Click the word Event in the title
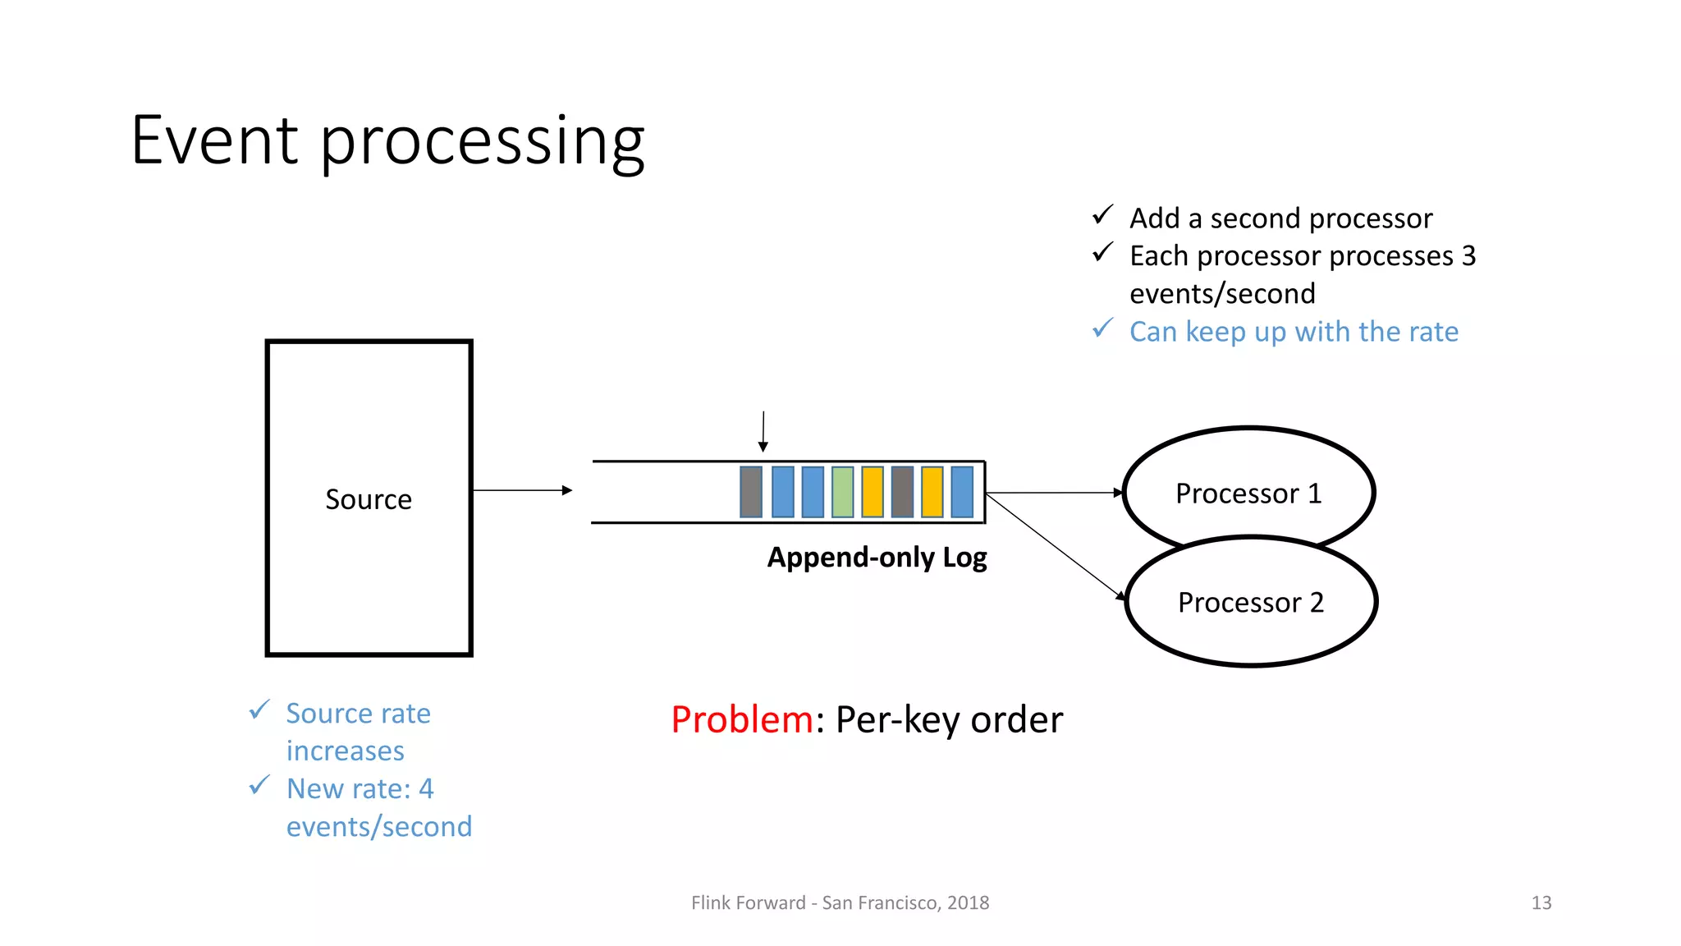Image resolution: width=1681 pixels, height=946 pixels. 214,140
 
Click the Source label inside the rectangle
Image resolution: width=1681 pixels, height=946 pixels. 369,499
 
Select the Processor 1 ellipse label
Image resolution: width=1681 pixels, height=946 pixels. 1248,494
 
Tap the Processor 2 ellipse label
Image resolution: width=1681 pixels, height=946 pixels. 1250,603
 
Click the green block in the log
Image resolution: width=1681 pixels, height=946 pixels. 842,492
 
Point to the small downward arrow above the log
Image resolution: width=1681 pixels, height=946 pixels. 763,432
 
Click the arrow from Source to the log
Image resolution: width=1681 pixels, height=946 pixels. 522,490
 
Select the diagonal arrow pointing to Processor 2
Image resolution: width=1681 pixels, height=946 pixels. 1056,546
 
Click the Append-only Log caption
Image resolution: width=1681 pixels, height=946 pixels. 877,558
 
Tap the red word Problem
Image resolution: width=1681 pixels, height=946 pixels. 741,719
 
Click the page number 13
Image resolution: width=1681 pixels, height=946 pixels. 1541,902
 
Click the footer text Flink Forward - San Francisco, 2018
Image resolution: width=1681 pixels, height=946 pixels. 840,902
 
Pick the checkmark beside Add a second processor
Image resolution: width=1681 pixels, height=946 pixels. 1102,215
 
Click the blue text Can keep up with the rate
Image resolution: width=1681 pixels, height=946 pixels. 1294,332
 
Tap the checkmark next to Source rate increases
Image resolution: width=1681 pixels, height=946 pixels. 259,709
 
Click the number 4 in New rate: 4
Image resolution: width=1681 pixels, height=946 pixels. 425,788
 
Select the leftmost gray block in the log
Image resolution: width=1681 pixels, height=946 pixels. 751,492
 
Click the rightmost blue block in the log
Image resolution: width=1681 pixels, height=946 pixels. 962,492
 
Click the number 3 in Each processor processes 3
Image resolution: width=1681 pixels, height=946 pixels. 1468,256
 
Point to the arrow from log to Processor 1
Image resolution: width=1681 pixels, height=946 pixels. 1054,493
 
